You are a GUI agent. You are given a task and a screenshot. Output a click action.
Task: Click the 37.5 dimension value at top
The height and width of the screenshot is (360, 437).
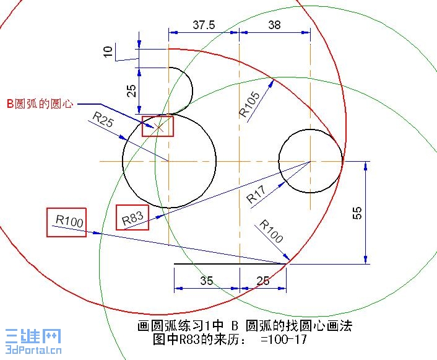204,25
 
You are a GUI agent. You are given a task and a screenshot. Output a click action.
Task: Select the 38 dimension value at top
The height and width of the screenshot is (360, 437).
274,25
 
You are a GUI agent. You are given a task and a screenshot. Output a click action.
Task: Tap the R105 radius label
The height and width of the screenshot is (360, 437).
249,105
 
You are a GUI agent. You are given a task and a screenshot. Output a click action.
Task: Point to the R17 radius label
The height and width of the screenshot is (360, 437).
256,195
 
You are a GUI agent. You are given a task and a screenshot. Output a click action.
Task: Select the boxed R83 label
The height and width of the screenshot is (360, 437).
132,218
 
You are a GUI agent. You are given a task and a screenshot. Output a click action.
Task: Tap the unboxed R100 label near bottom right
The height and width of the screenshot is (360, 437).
271,231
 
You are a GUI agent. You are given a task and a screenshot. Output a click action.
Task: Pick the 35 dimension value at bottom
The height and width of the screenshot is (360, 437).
207,281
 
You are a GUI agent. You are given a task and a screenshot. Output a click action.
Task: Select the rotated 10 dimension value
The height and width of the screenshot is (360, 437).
108,51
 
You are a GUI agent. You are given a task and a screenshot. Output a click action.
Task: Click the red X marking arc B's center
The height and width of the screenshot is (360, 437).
158,128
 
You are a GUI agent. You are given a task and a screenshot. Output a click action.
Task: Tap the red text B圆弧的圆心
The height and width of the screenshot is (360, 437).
40,104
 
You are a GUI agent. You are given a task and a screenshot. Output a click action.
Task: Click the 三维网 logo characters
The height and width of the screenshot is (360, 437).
33,336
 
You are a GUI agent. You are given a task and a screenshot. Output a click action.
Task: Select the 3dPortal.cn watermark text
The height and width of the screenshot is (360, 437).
33,349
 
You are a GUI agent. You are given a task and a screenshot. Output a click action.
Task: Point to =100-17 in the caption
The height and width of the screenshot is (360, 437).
283,340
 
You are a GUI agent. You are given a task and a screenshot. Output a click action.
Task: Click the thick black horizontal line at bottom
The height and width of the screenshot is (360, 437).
230,263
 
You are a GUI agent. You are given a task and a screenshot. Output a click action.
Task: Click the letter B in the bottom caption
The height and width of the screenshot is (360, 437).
235,326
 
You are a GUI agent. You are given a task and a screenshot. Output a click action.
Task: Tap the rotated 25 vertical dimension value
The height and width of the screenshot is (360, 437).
132,90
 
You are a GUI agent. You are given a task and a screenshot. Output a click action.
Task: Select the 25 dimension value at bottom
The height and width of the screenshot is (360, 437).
263,281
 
